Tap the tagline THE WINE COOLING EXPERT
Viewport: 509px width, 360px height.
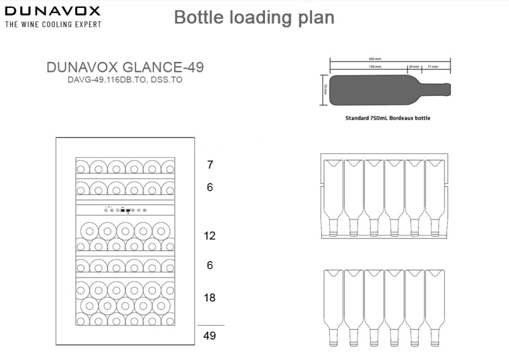53,25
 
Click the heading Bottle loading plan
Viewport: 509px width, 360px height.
254,17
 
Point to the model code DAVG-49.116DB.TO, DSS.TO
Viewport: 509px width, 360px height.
124,80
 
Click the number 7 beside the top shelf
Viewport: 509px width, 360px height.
210,164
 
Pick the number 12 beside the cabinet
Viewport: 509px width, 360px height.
210,236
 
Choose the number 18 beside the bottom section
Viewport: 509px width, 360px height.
210,298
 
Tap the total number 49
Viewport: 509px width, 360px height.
210,335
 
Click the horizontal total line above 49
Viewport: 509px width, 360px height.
210,324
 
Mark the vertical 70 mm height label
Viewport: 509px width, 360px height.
325,90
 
